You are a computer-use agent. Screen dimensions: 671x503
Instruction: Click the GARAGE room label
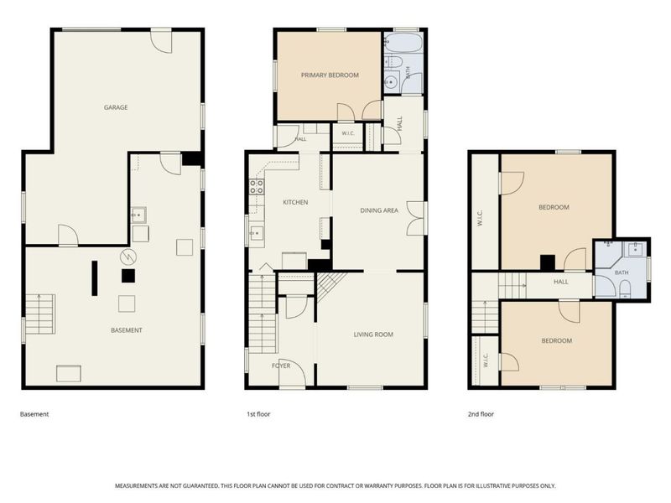click(x=116, y=107)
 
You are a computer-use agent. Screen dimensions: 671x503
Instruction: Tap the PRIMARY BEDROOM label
click(x=330, y=75)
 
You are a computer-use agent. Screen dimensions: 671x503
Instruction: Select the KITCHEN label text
click(x=295, y=202)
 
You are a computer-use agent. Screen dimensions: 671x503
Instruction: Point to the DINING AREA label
click(x=379, y=210)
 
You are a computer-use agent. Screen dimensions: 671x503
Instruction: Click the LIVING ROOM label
click(x=373, y=334)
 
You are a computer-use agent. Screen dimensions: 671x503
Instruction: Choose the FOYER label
click(x=281, y=366)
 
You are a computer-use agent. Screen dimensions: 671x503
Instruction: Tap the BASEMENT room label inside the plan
click(x=127, y=330)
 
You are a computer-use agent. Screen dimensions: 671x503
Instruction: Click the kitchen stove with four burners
click(x=257, y=186)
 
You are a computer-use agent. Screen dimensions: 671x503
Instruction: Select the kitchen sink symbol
click(x=257, y=233)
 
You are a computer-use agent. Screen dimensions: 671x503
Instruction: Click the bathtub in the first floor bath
click(x=403, y=44)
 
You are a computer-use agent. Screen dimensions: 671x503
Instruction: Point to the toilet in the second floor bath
click(x=625, y=288)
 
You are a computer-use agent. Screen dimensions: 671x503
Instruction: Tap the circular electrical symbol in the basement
click(x=127, y=257)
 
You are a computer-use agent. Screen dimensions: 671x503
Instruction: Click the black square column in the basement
click(x=128, y=276)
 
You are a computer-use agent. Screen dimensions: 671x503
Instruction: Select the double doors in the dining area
click(x=415, y=218)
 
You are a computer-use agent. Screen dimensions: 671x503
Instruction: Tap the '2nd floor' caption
click(x=481, y=414)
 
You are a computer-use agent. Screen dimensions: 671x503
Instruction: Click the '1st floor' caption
click(x=258, y=414)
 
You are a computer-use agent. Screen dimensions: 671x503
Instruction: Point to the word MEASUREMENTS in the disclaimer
click(x=136, y=486)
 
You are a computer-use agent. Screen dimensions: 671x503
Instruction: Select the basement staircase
click(x=39, y=314)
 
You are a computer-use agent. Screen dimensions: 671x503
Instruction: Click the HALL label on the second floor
click(x=560, y=282)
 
